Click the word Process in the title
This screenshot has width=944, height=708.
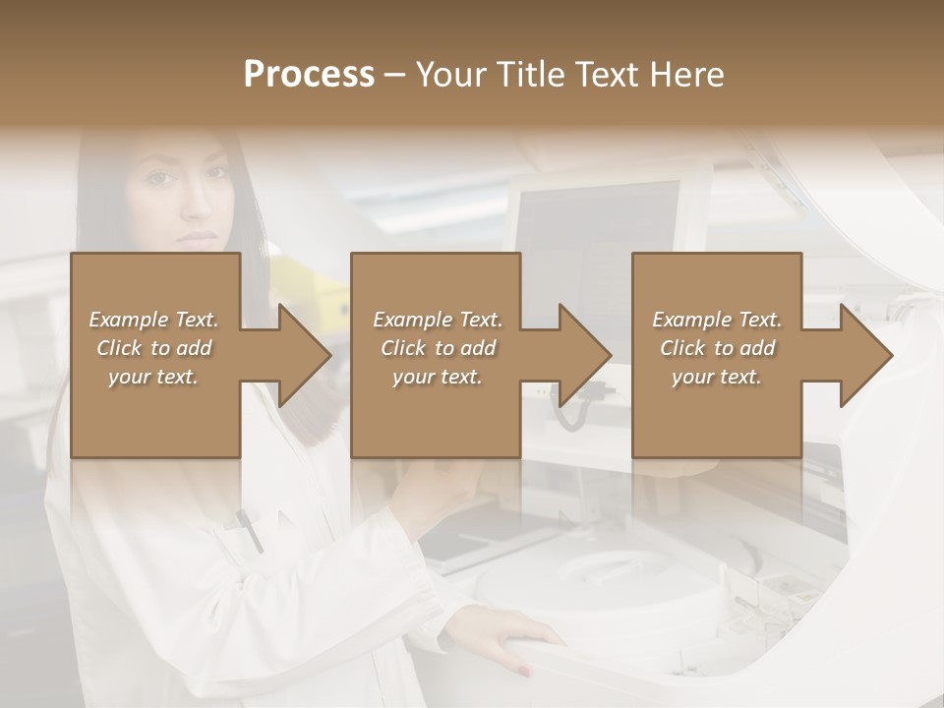309,75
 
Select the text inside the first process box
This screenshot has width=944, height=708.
153,348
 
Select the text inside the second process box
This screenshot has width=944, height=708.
437,348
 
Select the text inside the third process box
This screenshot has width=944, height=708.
716,348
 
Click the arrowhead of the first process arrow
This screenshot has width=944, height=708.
305,355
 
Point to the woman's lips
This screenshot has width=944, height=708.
200,238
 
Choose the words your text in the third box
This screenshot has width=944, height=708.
716,377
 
